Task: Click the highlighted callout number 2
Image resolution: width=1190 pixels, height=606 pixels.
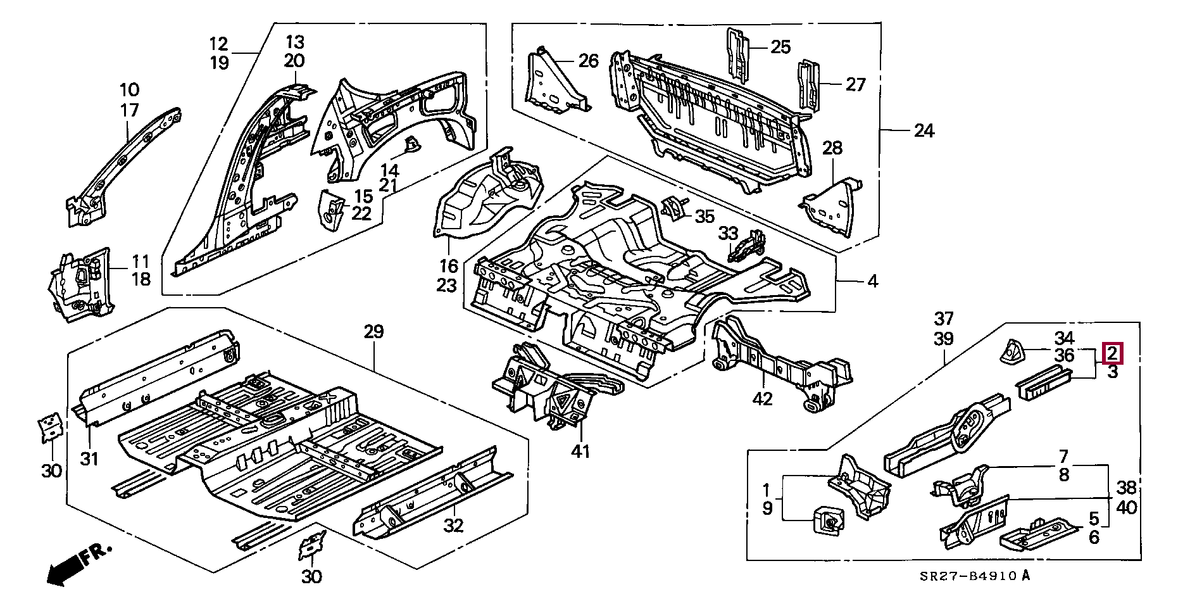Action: tap(1112, 353)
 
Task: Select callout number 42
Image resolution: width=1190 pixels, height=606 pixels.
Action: tap(763, 399)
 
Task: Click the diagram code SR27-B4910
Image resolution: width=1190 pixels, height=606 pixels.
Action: tap(968, 576)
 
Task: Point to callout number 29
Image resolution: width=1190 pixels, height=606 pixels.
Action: tap(373, 331)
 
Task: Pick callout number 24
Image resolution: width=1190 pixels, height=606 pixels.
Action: tap(924, 131)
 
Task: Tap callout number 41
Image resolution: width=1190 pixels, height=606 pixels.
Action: tap(580, 451)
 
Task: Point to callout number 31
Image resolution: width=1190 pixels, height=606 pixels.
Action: tap(89, 458)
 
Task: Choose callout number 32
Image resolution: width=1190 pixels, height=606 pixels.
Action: tap(453, 525)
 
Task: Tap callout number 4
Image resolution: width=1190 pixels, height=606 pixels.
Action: tap(872, 281)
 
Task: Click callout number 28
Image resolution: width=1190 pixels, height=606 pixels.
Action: tap(832, 148)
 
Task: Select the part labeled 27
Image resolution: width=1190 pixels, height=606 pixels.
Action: tap(810, 85)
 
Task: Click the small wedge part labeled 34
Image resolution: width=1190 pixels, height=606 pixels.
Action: tap(1010, 352)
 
